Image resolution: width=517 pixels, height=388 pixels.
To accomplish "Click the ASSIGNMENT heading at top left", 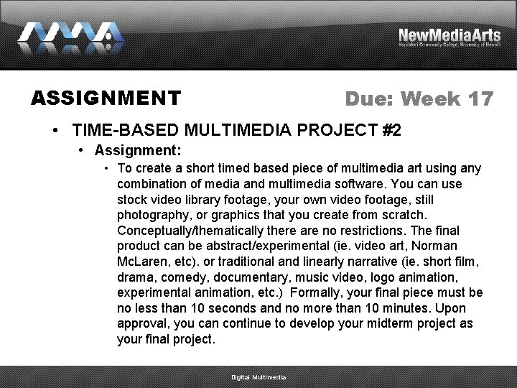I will [x=106, y=98].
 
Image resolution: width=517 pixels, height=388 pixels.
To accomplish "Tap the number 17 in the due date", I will [x=480, y=98].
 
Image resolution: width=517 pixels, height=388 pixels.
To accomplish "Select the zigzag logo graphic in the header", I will [x=70, y=36].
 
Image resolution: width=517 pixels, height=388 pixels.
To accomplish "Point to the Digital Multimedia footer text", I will [x=258, y=377].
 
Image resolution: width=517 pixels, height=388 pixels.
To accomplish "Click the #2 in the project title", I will [x=392, y=131].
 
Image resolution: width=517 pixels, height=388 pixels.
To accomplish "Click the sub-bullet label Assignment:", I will [x=137, y=151].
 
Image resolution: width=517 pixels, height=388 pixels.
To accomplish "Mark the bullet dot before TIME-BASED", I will [x=55, y=131].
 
